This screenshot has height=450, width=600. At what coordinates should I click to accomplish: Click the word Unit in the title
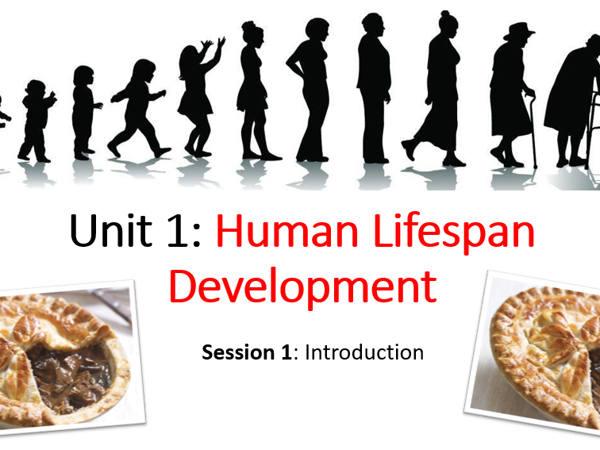[x=111, y=230]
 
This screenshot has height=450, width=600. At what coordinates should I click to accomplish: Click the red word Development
[x=302, y=288]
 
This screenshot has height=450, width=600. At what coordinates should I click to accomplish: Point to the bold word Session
[x=238, y=352]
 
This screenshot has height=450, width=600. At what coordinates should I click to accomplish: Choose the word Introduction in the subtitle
[x=364, y=352]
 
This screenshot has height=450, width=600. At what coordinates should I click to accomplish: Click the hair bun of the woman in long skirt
[x=444, y=13]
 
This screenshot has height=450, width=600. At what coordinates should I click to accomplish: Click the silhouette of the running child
[x=139, y=108]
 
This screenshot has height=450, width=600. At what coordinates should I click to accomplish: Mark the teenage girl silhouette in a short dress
[x=254, y=90]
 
